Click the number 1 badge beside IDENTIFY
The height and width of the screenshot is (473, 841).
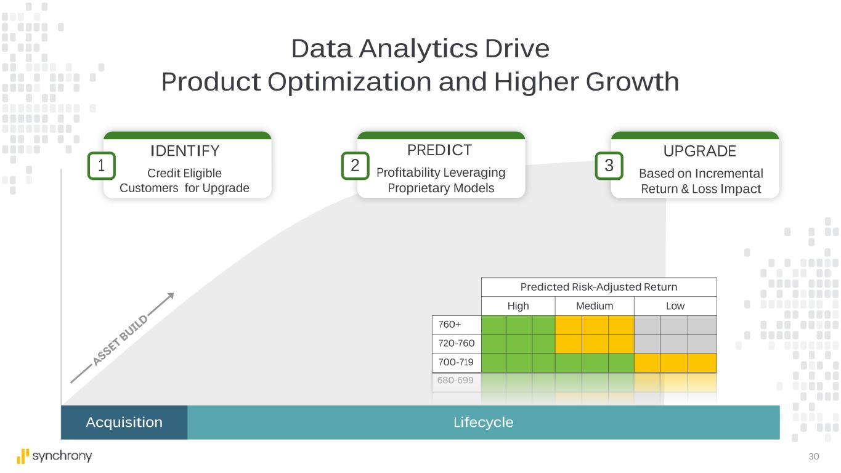click(x=102, y=166)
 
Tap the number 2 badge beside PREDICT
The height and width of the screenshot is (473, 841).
click(x=355, y=166)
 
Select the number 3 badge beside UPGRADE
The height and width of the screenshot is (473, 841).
click(x=609, y=166)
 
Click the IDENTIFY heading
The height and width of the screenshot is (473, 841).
click(x=185, y=151)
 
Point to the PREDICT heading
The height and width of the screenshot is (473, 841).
click(x=439, y=150)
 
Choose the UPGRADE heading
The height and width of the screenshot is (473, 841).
click(x=700, y=151)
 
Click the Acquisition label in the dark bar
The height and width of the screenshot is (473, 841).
click(x=124, y=422)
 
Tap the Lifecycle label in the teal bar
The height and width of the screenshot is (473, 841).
click(x=483, y=422)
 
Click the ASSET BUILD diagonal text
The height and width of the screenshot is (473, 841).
click(x=121, y=340)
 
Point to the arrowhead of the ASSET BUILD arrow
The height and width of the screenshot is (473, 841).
click(x=171, y=295)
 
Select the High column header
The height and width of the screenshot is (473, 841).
click(x=518, y=306)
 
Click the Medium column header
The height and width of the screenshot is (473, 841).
click(x=595, y=306)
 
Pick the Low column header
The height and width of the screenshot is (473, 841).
click(x=675, y=306)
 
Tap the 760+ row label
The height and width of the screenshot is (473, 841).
click(x=449, y=325)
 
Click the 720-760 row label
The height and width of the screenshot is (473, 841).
click(x=456, y=343)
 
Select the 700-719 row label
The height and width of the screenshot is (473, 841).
click(x=456, y=362)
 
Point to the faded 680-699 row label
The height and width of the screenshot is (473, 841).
click(x=455, y=380)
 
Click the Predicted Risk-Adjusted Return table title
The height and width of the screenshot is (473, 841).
click(x=599, y=287)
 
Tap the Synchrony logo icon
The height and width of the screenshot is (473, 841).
click(x=23, y=456)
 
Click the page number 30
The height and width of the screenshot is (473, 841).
click(x=814, y=456)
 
